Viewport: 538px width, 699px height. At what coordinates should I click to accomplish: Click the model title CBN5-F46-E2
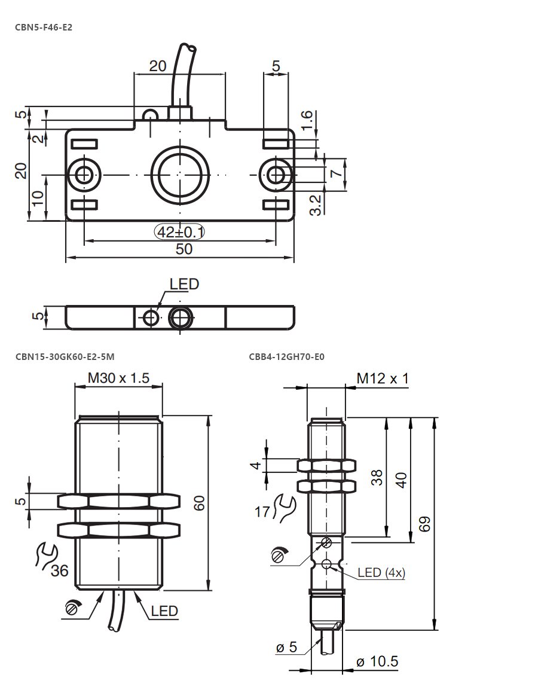tap(44, 27)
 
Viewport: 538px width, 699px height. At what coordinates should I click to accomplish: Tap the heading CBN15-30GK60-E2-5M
tap(65, 356)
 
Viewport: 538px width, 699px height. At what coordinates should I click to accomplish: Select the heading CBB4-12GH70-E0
tap(286, 356)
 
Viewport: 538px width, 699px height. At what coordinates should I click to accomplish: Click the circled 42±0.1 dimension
tap(179, 232)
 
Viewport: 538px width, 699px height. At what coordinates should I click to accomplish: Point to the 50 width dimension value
tap(184, 249)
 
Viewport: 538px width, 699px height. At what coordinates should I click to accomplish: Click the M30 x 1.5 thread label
tap(118, 378)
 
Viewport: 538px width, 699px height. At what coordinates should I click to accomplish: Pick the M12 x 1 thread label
tap(383, 379)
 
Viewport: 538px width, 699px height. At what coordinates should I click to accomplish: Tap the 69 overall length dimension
tap(425, 524)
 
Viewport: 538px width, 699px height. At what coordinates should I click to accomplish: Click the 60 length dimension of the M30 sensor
tap(199, 503)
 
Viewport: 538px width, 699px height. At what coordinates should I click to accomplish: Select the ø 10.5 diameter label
tap(377, 661)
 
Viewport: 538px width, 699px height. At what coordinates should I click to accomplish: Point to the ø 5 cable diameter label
tap(286, 647)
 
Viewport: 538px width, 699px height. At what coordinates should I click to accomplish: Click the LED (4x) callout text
tap(381, 572)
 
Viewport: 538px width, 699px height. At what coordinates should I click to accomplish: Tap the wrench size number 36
tap(59, 570)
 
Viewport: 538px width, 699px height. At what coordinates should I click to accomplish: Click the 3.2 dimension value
tap(315, 205)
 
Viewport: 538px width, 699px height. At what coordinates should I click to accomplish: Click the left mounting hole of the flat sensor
tap(83, 175)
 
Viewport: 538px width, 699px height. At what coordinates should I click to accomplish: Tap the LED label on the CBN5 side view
tap(184, 283)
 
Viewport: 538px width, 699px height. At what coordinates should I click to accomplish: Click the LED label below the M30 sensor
tap(164, 611)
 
